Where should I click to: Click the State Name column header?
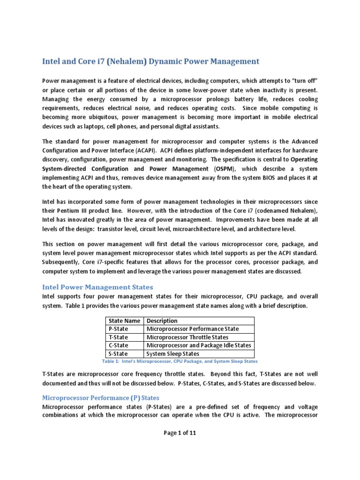point(124,321)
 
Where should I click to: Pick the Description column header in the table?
point(162,321)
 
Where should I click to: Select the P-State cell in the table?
point(118,329)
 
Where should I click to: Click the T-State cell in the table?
point(118,337)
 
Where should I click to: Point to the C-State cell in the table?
point(118,345)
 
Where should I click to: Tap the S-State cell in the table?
point(118,354)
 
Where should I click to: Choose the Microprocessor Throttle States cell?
point(187,337)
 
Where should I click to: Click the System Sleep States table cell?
point(173,354)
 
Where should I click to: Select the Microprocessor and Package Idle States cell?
point(199,345)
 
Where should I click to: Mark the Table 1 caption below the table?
point(180,361)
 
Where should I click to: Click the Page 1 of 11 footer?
point(180,433)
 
